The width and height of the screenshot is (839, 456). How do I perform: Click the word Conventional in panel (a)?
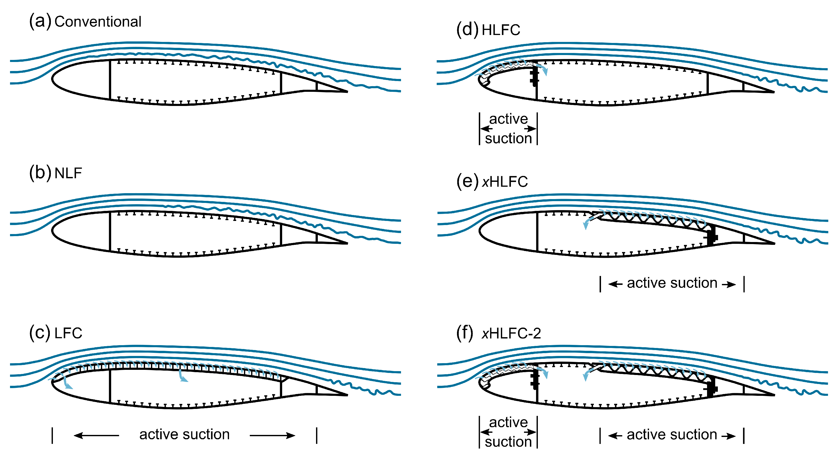pos(98,22)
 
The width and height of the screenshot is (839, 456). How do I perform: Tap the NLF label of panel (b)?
pos(68,173)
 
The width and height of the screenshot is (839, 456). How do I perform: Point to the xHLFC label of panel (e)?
pos(504,182)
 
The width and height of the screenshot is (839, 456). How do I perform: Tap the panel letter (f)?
pos(464,333)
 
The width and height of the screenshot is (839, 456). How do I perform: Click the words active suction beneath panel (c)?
pos(184,434)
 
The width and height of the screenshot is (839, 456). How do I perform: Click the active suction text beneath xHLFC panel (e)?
pos(672,283)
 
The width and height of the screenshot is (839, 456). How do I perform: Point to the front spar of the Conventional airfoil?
pos(110,79)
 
